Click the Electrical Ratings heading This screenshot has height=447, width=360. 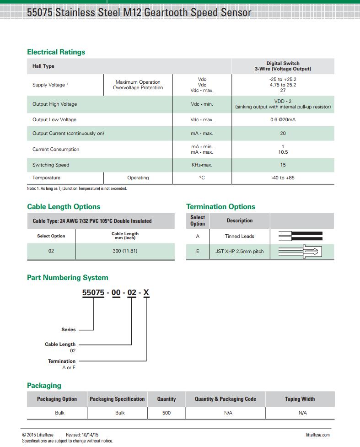pos(56,52)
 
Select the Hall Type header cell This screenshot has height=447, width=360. pos(43,66)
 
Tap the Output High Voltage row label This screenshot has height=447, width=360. pos(54,104)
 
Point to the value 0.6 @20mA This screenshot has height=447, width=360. pos(283,120)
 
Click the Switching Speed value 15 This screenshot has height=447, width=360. pos(283,165)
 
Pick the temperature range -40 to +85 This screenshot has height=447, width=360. pos(283,178)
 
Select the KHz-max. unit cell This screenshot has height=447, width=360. pos(202,165)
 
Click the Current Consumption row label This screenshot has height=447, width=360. pos(55,150)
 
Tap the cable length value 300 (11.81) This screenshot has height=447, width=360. pos(125,251)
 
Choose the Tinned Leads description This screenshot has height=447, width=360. pos(239,237)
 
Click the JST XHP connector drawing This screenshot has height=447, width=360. pos(302,252)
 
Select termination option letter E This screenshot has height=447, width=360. pos(198,252)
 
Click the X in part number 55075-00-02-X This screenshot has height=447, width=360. pos(146,293)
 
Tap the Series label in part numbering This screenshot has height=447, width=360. pos(69,330)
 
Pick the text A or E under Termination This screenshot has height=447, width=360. pos(69,368)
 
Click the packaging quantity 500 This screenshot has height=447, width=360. pos(167,413)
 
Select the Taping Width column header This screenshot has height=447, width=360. pos(300,399)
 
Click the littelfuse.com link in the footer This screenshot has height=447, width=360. pos(317,435)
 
